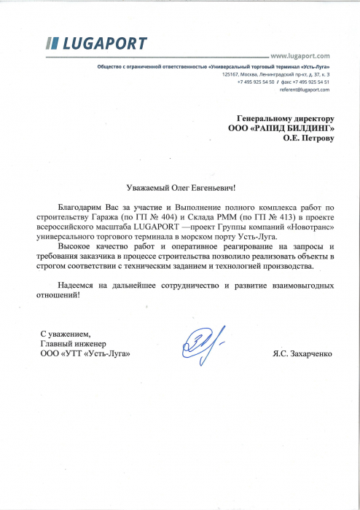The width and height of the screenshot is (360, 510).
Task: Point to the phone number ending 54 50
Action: click(x=256, y=82)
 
